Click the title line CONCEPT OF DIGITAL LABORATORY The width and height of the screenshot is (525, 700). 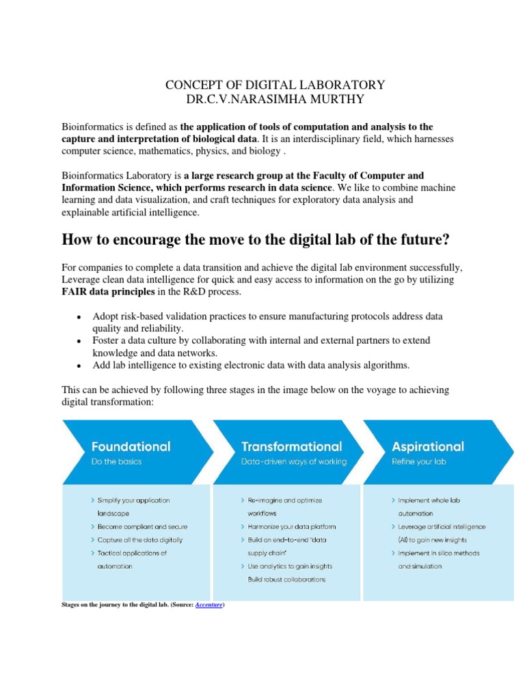click(x=275, y=85)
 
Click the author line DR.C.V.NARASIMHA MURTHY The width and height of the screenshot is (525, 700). click(x=275, y=99)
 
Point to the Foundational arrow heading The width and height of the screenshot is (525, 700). click(x=131, y=446)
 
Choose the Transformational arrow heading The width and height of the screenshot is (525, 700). click(x=291, y=446)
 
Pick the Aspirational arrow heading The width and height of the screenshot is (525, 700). click(x=427, y=446)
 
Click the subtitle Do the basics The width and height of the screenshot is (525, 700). click(x=117, y=461)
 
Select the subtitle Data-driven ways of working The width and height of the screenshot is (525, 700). click(x=293, y=461)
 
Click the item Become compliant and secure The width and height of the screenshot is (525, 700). click(x=142, y=527)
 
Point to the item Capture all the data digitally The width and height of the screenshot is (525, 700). click(x=139, y=540)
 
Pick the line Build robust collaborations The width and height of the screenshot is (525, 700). click(x=286, y=580)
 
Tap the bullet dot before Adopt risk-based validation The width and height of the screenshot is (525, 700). click(x=80, y=317)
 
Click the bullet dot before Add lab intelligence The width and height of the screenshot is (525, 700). click(x=80, y=366)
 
